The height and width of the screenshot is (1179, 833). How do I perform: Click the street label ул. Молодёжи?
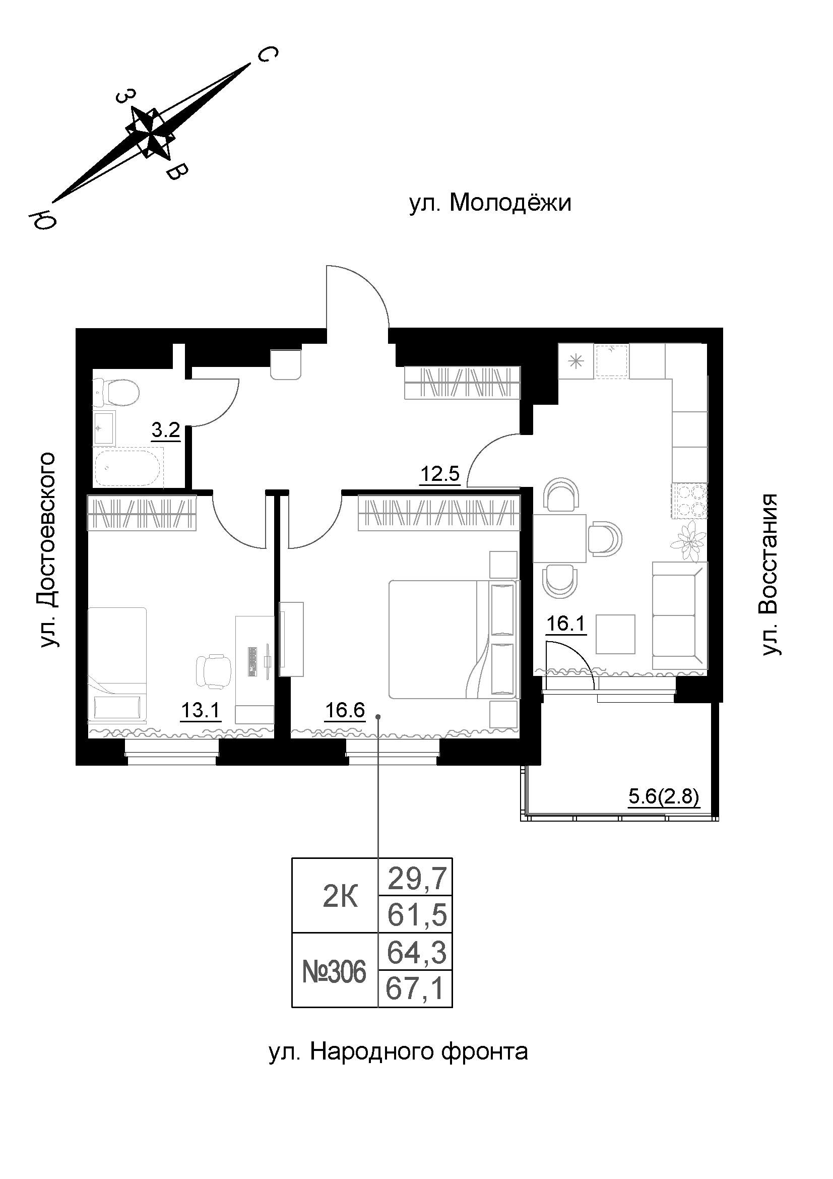point(490,204)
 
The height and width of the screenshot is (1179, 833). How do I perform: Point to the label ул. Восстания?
point(770,575)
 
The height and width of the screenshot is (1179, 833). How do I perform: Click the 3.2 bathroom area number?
point(166,430)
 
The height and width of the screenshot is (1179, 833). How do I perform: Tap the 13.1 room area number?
point(200,711)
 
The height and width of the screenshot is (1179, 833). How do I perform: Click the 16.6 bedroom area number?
point(345,711)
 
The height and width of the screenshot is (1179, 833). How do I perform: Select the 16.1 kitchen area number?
point(565,625)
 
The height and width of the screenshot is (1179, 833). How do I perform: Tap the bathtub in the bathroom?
point(129,467)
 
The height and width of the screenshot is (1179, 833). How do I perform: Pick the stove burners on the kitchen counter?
point(689,501)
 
